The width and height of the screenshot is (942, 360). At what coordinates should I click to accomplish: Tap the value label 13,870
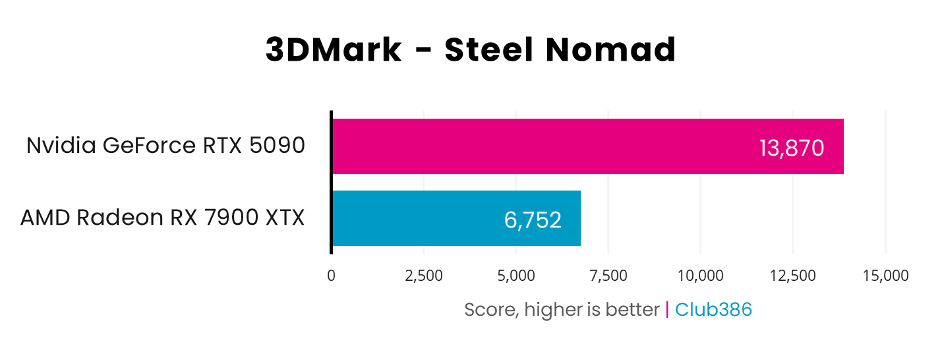[792, 148]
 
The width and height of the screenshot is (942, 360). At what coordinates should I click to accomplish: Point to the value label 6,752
[533, 220]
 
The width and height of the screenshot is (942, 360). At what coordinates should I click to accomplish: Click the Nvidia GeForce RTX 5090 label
[165, 146]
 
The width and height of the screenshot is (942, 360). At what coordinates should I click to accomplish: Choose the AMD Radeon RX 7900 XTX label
[162, 218]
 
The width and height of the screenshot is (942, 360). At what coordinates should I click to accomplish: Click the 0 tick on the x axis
[331, 276]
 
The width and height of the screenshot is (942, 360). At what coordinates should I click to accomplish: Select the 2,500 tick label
[423, 276]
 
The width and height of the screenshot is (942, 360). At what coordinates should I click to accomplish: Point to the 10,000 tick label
[700, 276]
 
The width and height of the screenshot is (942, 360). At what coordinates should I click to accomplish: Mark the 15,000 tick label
[885, 276]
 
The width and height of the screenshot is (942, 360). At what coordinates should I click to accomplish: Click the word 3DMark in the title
[334, 51]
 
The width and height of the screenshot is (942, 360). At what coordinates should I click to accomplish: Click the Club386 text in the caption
[713, 309]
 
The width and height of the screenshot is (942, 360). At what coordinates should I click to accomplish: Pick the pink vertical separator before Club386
[667, 309]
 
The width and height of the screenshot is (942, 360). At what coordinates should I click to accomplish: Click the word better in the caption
[633, 310]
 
